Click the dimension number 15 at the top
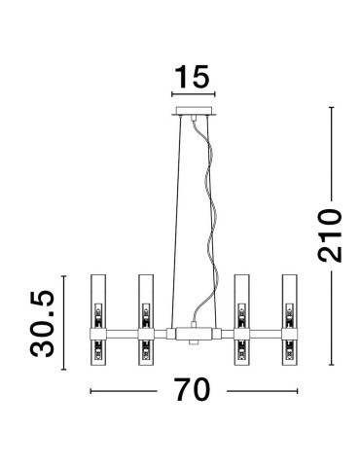(x=193, y=77)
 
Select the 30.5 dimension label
(x=40, y=322)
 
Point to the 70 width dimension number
(x=193, y=390)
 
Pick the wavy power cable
(x=210, y=224)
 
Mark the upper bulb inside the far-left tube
(x=97, y=314)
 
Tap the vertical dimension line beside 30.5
(x=65, y=322)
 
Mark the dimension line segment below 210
(x=332, y=321)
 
